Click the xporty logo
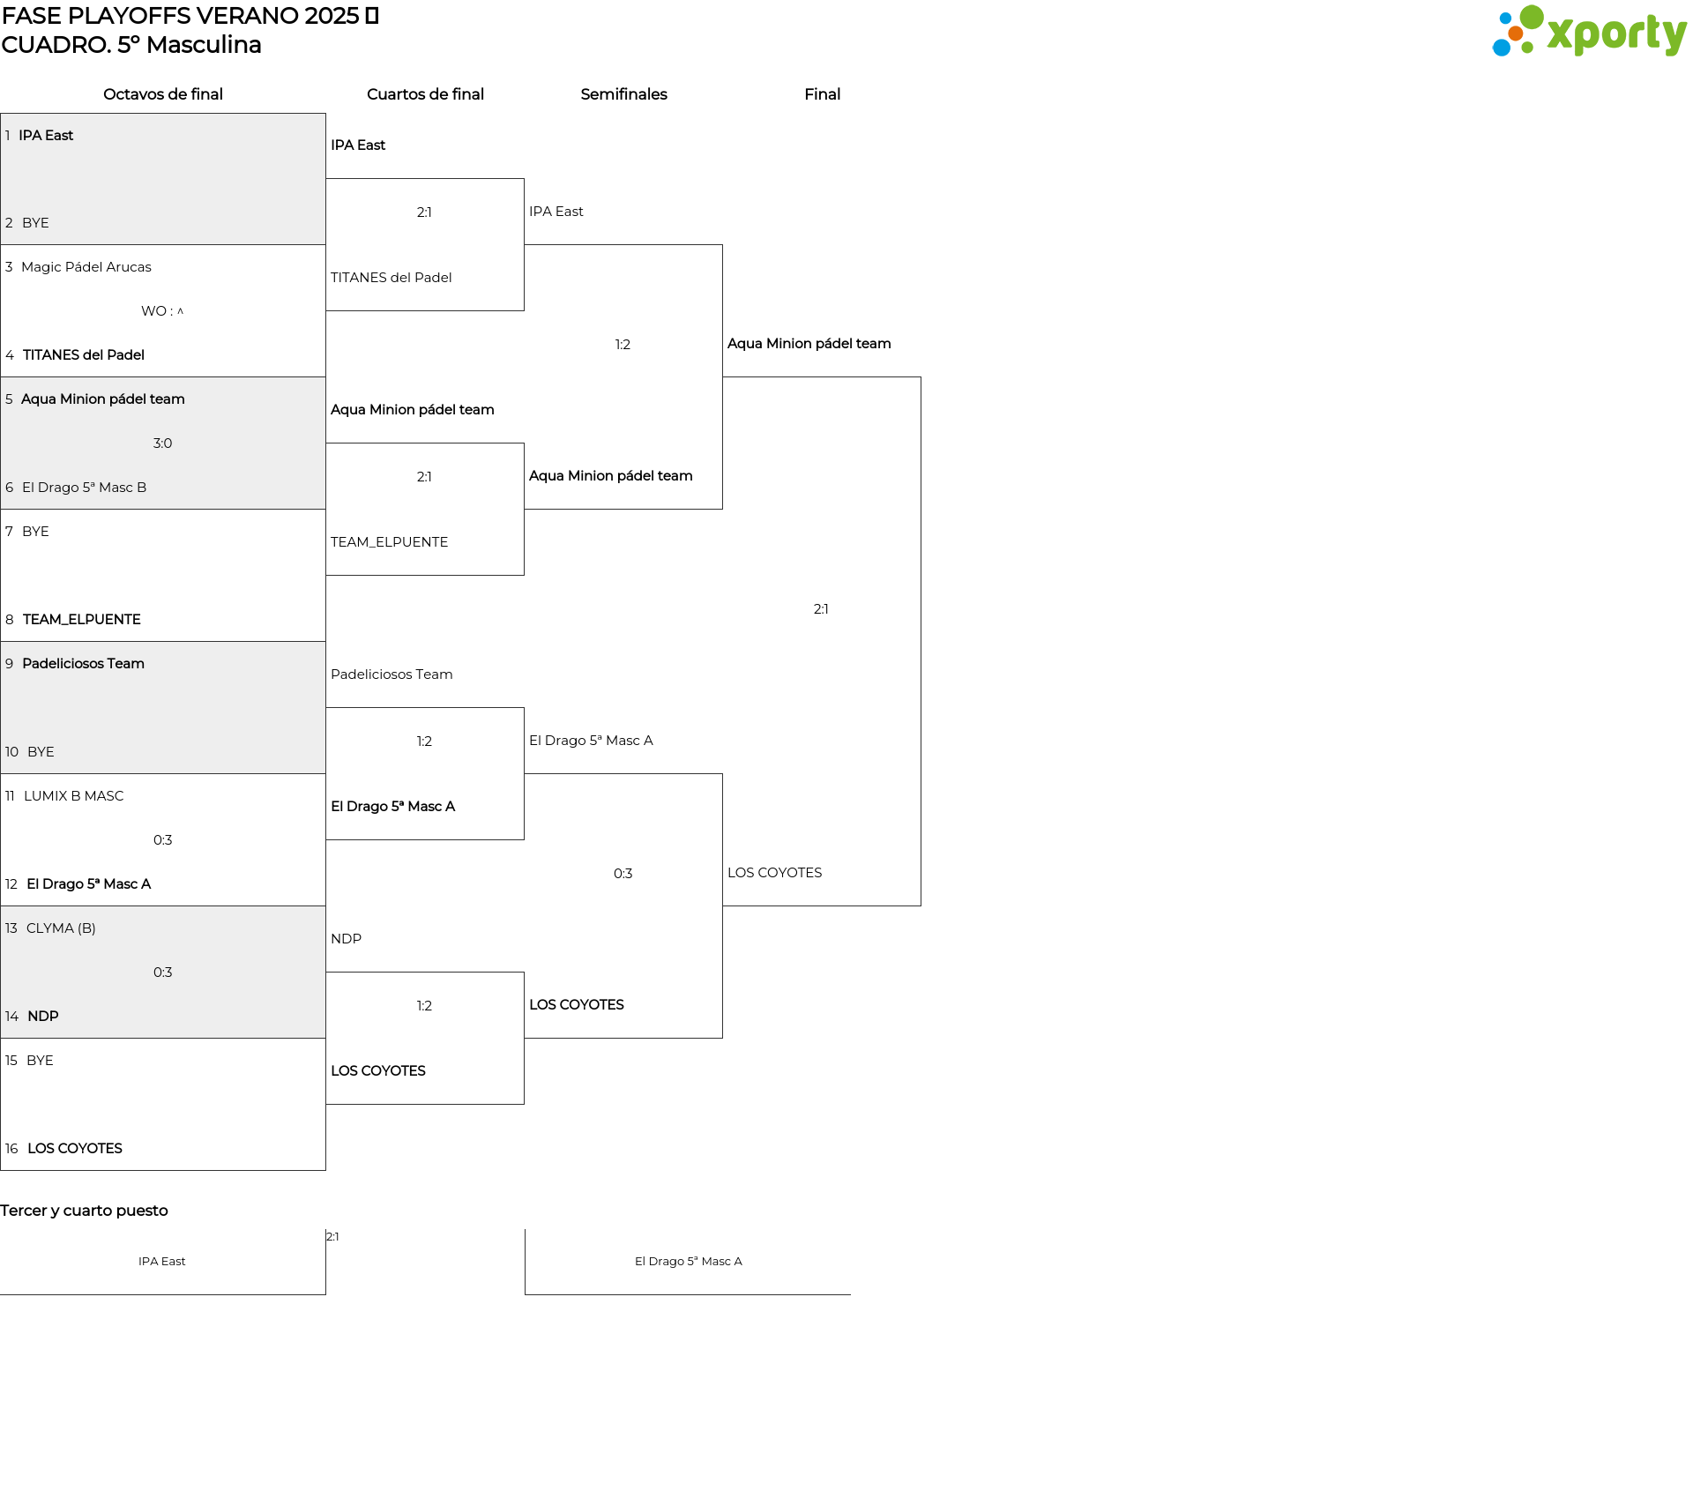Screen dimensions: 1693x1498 [1589, 31]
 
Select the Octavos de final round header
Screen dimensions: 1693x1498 [163, 94]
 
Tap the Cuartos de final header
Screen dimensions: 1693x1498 [425, 94]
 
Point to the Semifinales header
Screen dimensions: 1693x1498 [623, 94]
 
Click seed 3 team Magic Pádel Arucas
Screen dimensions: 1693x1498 [86, 267]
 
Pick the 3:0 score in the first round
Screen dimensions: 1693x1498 [162, 443]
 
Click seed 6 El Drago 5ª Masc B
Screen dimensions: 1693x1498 [85, 488]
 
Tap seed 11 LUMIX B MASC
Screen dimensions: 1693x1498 [74, 796]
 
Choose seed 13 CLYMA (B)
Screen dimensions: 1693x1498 [61, 928]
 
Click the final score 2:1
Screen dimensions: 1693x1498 [821, 609]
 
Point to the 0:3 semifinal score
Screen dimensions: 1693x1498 [623, 874]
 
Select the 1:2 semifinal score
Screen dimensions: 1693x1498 [623, 345]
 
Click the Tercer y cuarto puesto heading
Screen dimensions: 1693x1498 [84, 1211]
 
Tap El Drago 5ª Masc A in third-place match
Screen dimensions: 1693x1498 [689, 1262]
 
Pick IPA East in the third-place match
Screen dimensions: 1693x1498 [162, 1262]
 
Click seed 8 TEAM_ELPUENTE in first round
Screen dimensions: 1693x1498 [82, 620]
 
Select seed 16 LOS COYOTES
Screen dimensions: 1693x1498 [75, 1149]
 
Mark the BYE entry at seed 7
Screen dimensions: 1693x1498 [35, 532]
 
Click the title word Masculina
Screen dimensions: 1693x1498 [204, 45]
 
